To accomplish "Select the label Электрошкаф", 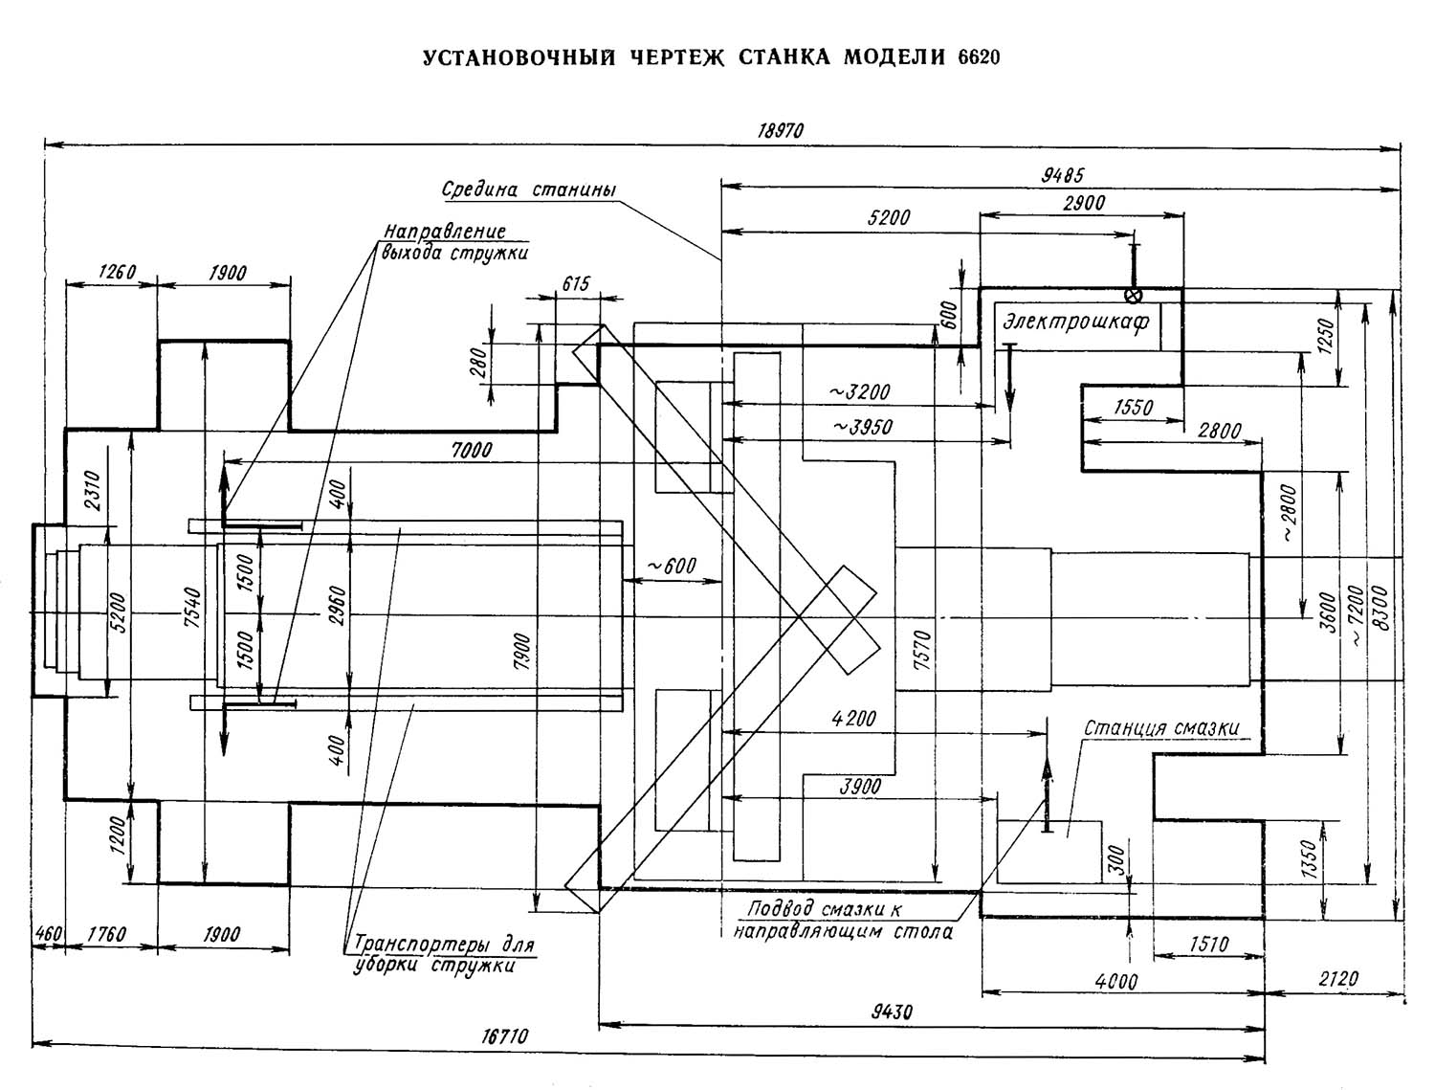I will pyautogui.click(x=1075, y=323).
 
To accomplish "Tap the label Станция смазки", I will pyautogui.click(x=1160, y=728).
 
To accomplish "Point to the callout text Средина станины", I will pyautogui.click(x=528, y=189).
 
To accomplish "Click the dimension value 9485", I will pyautogui.click(x=1062, y=176).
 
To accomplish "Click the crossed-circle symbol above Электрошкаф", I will pyautogui.click(x=1134, y=295).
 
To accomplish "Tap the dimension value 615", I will pyautogui.click(x=576, y=283).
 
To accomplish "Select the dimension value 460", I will pyautogui.click(x=48, y=933).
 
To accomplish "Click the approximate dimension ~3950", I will pyautogui.click(x=862, y=427).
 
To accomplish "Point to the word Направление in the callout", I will pyautogui.click(x=444, y=233).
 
